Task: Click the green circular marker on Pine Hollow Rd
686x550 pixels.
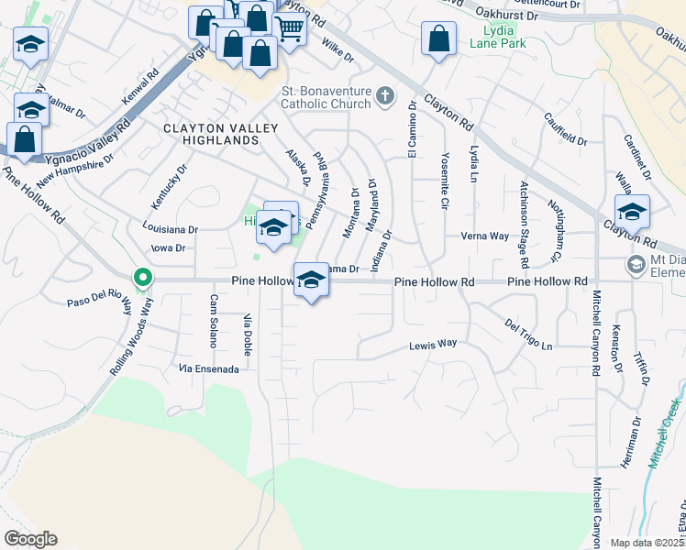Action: [x=142, y=276]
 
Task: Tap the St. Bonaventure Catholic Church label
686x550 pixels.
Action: [x=327, y=98]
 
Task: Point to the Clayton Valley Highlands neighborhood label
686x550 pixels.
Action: [x=209, y=134]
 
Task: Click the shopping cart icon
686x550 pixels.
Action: [x=289, y=28]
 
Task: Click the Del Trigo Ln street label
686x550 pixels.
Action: [x=528, y=335]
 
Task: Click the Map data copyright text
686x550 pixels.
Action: [x=647, y=543]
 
